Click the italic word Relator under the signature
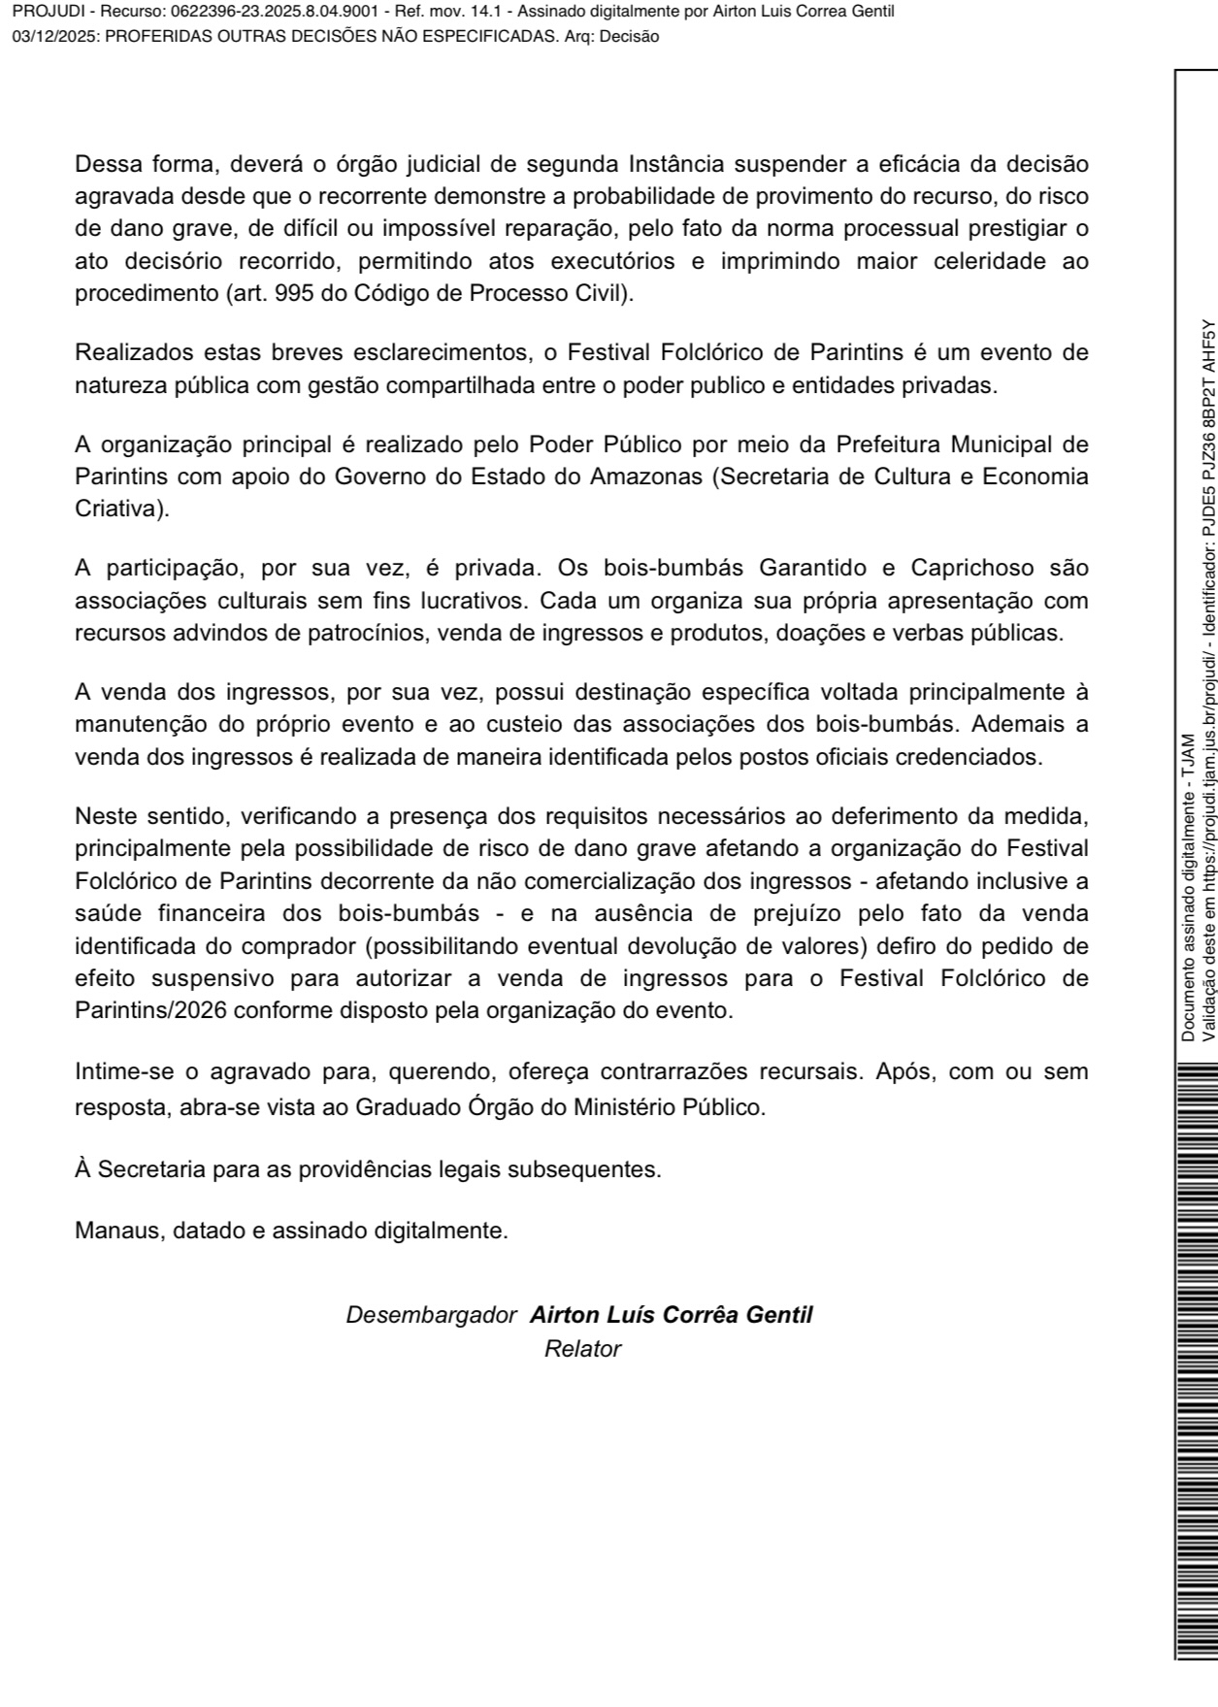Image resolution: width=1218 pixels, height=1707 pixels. click(x=582, y=1348)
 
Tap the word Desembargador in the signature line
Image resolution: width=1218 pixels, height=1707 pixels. click(x=431, y=1315)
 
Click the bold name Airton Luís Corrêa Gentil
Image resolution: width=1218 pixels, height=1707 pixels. click(x=671, y=1315)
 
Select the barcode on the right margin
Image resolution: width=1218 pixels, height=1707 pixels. click(x=1196, y=1359)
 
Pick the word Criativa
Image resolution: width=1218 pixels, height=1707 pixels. click(x=121, y=509)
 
